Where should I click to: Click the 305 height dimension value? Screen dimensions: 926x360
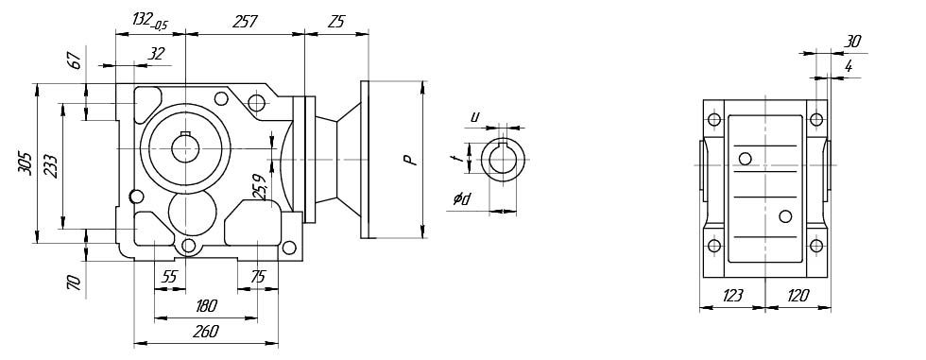(25, 163)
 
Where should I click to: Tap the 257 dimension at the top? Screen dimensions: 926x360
(245, 22)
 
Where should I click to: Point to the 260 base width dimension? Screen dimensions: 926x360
(206, 332)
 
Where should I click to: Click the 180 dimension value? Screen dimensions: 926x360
(206, 306)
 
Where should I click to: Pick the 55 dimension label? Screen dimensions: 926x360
(169, 278)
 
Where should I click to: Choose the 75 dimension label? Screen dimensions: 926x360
(257, 278)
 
